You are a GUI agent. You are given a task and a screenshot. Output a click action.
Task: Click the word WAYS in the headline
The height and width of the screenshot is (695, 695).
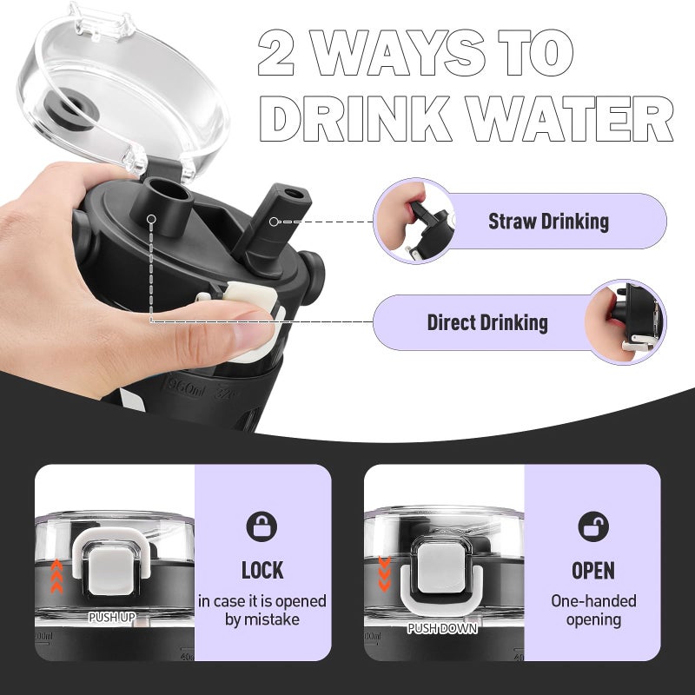tap(397, 52)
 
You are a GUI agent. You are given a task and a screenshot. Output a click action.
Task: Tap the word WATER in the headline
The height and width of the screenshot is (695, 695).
tap(571, 119)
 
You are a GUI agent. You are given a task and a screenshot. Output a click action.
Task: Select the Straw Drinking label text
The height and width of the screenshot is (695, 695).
tap(548, 222)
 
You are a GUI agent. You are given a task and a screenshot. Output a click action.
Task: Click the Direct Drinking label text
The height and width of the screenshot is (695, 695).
tap(487, 322)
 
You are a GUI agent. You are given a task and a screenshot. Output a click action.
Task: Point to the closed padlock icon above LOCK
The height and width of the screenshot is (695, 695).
tap(261, 526)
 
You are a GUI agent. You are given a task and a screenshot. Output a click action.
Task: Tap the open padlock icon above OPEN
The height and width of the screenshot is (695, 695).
tap(593, 526)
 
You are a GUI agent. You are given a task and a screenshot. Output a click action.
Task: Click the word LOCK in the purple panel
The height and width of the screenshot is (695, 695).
tap(262, 571)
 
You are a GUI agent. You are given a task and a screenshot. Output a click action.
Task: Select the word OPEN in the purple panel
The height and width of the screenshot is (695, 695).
tap(593, 571)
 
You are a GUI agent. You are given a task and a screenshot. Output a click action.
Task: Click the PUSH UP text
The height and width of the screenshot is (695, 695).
tap(112, 617)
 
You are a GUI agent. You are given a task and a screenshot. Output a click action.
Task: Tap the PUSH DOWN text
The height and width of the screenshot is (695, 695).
tap(442, 628)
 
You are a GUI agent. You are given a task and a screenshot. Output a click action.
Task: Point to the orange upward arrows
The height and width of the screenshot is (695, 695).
tap(56, 576)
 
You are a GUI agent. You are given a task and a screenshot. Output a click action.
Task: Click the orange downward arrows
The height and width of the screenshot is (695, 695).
tap(384, 574)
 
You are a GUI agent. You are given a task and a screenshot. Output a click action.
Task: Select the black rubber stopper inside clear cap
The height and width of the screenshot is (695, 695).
tap(72, 109)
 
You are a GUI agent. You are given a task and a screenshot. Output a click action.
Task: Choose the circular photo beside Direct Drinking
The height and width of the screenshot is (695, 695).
tap(625, 322)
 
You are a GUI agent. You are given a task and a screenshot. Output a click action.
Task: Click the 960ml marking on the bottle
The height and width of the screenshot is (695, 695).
tap(187, 390)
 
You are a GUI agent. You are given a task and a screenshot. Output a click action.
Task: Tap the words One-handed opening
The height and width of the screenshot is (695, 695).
tap(593, 610)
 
